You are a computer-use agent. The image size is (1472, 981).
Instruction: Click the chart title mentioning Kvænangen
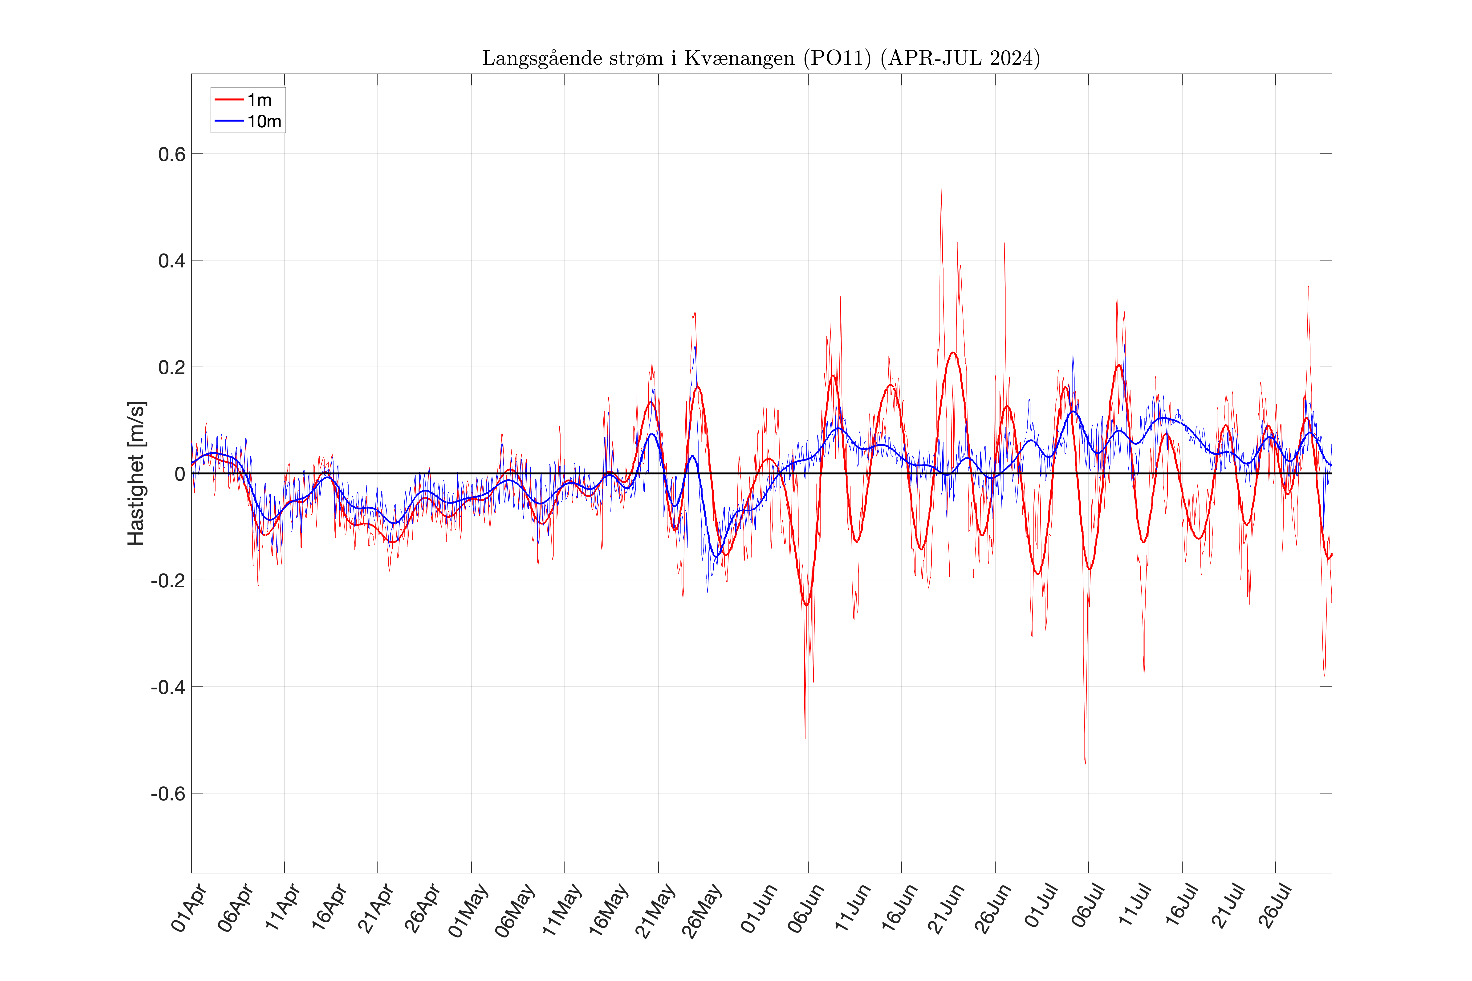(x=760, y=58)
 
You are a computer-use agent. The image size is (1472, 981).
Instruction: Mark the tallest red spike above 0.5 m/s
(x=941, y=190)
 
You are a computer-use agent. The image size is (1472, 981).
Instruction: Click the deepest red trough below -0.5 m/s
(x=1085, y=762)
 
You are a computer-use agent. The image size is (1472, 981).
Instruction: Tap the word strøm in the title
(x=633, y=58)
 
